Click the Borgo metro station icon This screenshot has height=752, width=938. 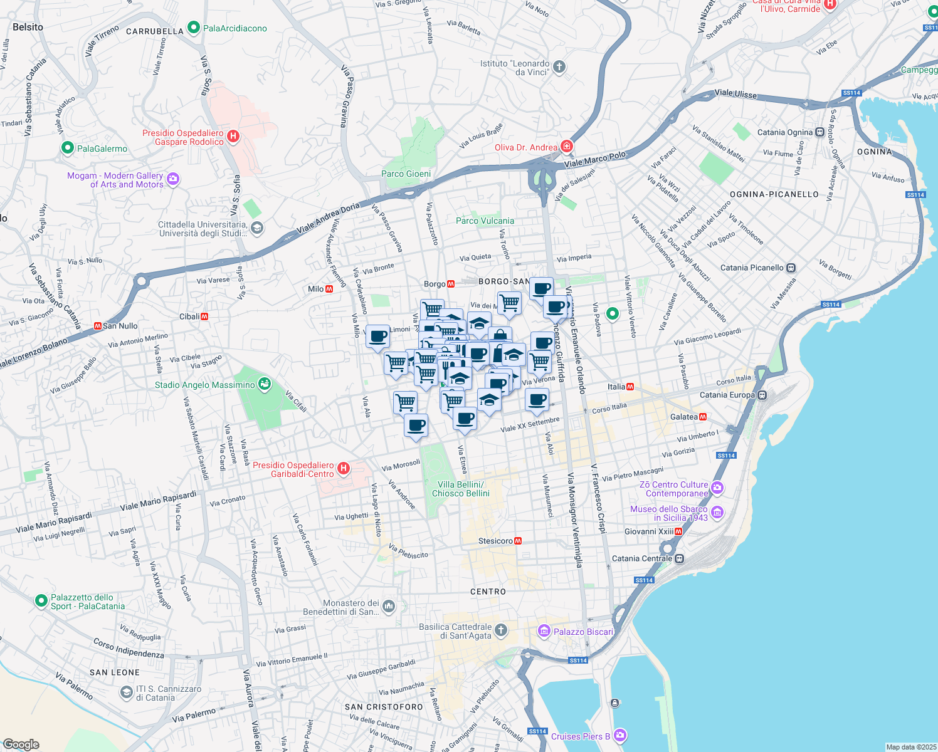pyautogui.click(x=451, y=284)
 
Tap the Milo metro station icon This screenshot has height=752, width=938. pyautogui.click(x=329, y=289)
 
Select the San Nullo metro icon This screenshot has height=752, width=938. pyautogui.click(x=97, y=326)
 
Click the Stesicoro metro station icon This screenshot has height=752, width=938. pyautogui.click(x=518, y=541)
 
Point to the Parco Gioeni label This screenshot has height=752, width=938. pyautogui.click(x=406, y=174)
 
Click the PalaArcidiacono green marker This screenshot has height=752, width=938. pyautogui.click(x=194, y=28)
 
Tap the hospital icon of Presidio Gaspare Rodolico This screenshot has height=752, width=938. pyautogui.click(x=233, y=136)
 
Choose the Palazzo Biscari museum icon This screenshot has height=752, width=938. pyautogui.click(x=544, y=631)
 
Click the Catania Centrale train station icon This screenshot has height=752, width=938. pyautogui.click(x=680, y=558)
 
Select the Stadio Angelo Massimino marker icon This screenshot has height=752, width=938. pyautogui.click(x=265, y=384)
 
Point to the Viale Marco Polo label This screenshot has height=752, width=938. pyautogui.click(x=594, y=159)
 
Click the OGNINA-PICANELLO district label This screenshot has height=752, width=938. pyautogui.click(x=774, y=194)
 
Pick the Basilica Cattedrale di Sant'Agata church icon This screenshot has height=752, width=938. pyautogui.click(x=500, y=630)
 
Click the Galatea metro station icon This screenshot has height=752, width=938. pyautogui.click(x=703, y=417)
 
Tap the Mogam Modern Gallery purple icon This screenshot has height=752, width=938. pyautogui.click(x=173, y=179)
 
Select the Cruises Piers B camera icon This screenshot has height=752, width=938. pyautogui.click(x=620, y=735)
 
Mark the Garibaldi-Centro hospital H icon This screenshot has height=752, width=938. pyautogui.click(x=343, y=469)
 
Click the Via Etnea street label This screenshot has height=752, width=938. pyautogui.click(x=462, y=459)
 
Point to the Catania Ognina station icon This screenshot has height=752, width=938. pyautogui.click(x=819, y=132)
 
